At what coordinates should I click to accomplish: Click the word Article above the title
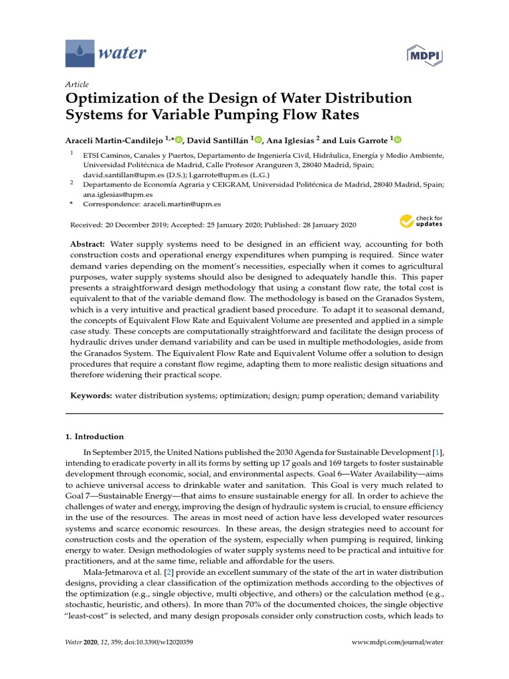[77, 85]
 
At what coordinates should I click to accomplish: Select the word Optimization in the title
[109, 99]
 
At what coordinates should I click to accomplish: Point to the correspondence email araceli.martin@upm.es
[182, 205]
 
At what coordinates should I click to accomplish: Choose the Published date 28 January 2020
[322, 225]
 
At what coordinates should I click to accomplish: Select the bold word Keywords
[91, 396]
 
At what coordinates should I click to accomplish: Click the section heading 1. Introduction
[95, 437]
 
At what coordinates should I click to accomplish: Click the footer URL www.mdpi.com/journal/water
[397, 642]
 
